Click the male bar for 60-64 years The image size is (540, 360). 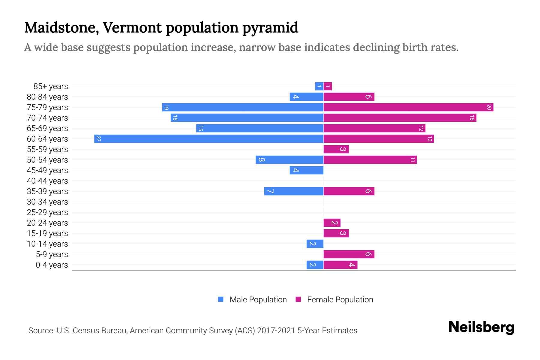tap(209, 139)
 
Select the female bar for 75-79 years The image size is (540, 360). tap(408, 107)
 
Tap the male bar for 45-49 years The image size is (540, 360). tap(306, 170)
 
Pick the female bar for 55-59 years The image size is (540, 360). tap(336, 149)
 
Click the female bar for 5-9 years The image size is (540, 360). tap(349, 254)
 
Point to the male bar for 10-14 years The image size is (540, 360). tap(315, 244)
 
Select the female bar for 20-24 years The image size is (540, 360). tap(332, 223)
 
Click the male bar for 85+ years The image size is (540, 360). tap(319, 86)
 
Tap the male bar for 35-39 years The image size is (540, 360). tap(294, 191)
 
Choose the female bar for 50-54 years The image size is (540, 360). tap(370, 160)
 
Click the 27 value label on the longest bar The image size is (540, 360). tap(98, 139)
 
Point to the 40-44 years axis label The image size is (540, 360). tap(47, 181)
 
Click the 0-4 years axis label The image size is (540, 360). tap(52, 265)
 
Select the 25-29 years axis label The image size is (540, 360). tap(47, 212)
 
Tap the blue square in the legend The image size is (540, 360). tap(221, 299)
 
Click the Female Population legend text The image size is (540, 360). tap(340, 300)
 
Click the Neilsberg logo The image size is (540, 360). tap(481, 327)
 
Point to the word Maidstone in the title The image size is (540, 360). tap(61, 28)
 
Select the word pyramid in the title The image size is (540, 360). tap(270, 28)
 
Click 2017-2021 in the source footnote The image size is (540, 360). tap(276, 331)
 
